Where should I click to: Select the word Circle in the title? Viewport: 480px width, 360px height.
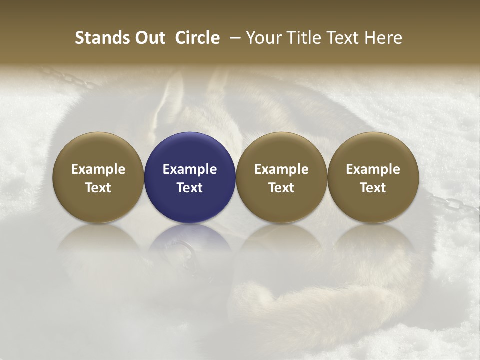point(197,38)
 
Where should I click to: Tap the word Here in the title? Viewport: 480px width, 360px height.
point(383,38)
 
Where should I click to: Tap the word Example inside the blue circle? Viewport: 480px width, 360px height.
point(190,169)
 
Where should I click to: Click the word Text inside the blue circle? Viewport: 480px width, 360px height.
point(190,188)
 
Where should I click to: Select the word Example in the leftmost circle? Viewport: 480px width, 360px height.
point(98,169)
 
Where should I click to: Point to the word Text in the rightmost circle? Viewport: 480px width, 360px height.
point(373,188)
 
